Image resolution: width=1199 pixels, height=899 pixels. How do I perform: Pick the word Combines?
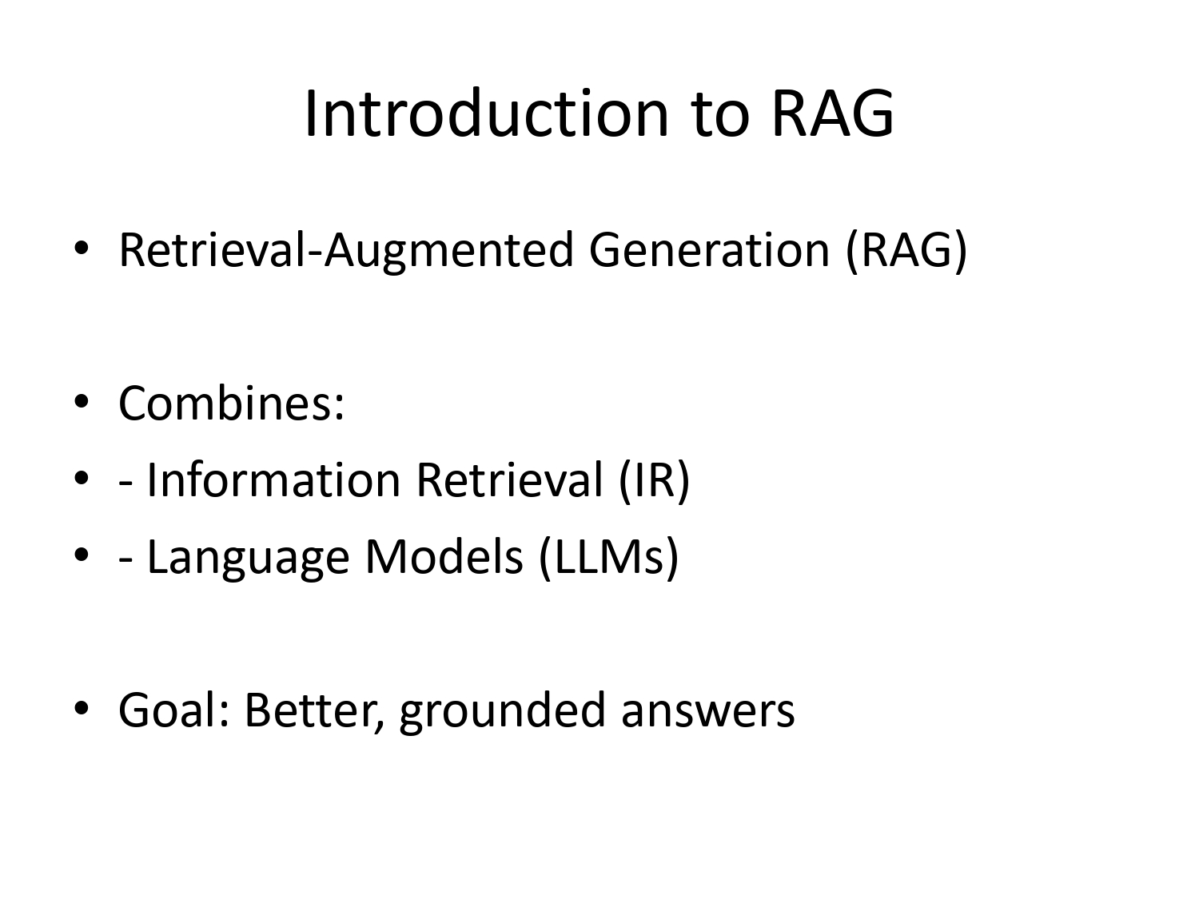point(232,403)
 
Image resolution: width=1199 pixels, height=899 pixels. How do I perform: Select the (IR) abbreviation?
point(654,479)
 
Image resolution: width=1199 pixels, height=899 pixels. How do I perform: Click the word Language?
point(249,556)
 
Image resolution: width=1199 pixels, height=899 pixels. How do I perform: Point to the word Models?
point(444,556)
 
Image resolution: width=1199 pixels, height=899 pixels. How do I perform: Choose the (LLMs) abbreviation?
point(608,556)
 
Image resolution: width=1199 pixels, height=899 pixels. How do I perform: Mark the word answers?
point(708,710)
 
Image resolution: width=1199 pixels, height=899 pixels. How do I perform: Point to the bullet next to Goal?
point(81,709)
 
